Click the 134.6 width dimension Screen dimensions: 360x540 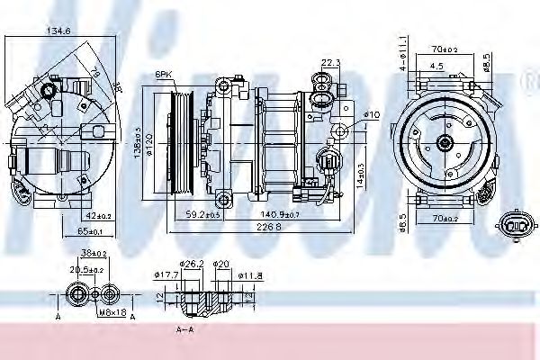pos(58,31)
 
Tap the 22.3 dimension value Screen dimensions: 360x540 pos(330,62)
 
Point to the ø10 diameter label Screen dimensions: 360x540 pos(372,113)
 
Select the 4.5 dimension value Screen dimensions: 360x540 pos(436,65)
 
